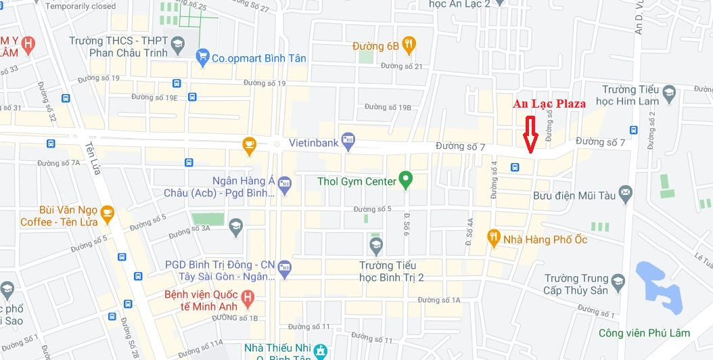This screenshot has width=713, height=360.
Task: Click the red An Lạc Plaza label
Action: pos(549,104)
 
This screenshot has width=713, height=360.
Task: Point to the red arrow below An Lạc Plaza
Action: pos(530,133)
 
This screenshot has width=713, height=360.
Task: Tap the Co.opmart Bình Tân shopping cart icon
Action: pos(202,58)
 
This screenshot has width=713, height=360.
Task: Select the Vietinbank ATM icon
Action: pos(348,142)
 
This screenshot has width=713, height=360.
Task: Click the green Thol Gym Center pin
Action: pos(405,181)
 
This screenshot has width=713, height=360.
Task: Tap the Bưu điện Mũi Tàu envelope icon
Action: pos(625,195)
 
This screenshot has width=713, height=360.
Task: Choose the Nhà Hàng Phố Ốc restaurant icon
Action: pos(493,239)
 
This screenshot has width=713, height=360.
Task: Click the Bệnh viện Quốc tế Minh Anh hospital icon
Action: pos(248,297)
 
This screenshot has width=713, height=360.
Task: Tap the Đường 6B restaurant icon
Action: pos(409,46)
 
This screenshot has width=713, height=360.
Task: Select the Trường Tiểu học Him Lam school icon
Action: pos(669,93)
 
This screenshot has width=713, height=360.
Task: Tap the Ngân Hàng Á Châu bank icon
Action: pos(284,183)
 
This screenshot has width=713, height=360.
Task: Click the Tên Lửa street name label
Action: pos(93,157)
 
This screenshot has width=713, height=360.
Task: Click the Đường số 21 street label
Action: pos(401,66)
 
